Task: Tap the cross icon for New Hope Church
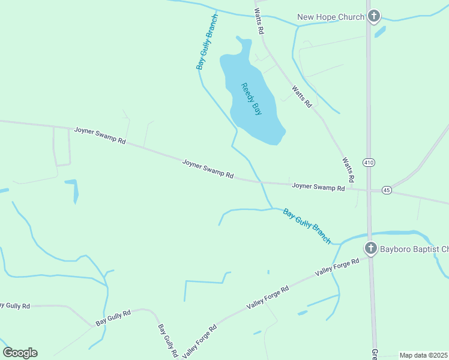(374, 16)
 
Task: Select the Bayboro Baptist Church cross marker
(370, 248)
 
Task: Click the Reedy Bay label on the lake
(252, 98)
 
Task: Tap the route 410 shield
(369, 162)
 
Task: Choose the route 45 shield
(387, 190)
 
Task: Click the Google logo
(20, 353)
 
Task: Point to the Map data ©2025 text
(424, 355)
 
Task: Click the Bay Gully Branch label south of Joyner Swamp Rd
(307, 226)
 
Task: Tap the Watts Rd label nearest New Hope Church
(259, 21)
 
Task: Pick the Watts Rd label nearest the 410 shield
(348, 170)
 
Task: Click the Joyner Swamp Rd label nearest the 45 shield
(318, 187)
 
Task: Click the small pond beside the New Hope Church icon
(379, 31)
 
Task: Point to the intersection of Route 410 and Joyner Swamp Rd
(369, 190)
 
